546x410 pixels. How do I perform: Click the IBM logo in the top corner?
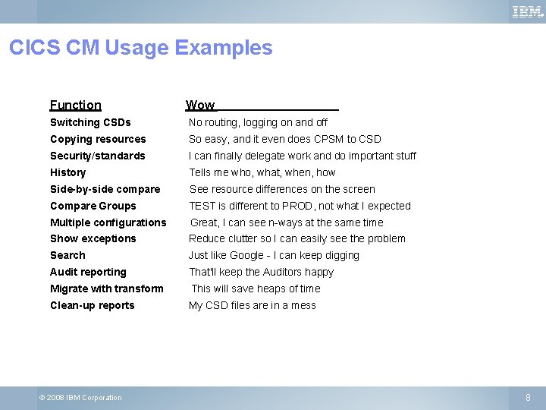click(x=527, y=11)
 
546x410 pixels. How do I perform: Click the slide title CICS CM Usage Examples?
click(x=140, y=48)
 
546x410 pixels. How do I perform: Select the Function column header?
click(x=75, y=106)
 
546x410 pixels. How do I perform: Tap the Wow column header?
click(x=200, y=106)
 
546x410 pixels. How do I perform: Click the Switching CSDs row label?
click(x=90, y=122)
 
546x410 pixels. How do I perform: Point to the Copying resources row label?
click(x=98, y=139)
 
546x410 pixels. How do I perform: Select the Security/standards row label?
click(x=97, y=156)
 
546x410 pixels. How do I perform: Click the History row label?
click(x=67, y=172)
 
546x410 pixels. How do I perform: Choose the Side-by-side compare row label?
click(x=105, y=189)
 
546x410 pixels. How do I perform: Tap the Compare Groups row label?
click(x=93, y=206)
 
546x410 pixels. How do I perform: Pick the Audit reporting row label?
click(x=88, y=272)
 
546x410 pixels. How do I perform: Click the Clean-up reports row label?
click(x=92, y=305)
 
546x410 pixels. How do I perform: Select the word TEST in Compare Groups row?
click(x=202, y=206)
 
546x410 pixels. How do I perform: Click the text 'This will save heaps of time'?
click(x=256, y=289)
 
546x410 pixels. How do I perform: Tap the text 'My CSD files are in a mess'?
click(x=252, y=305)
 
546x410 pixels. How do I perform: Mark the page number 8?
click(x=529, y=397)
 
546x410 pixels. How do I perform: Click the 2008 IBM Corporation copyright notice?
click(x=80, y=398)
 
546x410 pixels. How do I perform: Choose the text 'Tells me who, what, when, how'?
click(x=262, y=172)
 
